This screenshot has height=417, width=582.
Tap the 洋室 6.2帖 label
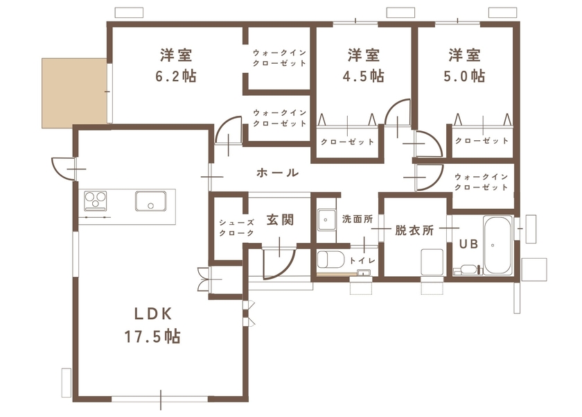click(176, 65)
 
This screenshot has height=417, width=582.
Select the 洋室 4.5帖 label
click(364, 65)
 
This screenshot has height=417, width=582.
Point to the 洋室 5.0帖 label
click(464, 65)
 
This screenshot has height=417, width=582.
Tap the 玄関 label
click(280, 220)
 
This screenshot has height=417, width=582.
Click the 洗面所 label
click(357, 219)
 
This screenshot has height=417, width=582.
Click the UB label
click(466, 244)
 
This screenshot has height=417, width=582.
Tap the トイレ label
click(362, 260)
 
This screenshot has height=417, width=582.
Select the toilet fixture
click(330, 260)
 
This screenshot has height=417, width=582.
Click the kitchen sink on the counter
click(150, 202)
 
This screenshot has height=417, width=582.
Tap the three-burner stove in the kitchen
click(96, 201)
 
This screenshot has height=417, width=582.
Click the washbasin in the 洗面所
click(326, 221)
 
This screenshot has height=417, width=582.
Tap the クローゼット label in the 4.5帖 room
click(347, 142)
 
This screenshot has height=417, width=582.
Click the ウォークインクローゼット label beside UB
click(482, 182)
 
